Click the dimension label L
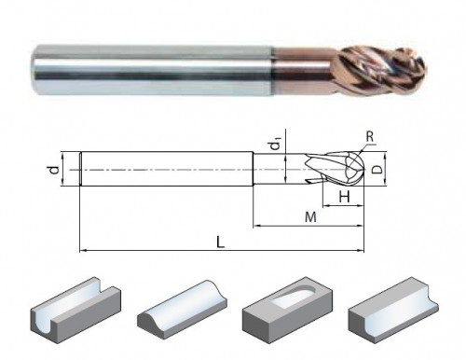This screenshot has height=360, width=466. point(220,242)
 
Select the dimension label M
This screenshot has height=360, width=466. point(310,217)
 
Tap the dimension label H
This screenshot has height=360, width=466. point(344,197)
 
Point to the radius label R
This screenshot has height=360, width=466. point(370,136)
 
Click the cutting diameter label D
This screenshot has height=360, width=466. point(377,170)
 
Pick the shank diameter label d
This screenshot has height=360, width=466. point(55,170)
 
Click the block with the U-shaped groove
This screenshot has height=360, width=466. point(75,311)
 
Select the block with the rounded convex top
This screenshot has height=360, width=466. point(182,310)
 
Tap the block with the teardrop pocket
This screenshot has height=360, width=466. point(287,310)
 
